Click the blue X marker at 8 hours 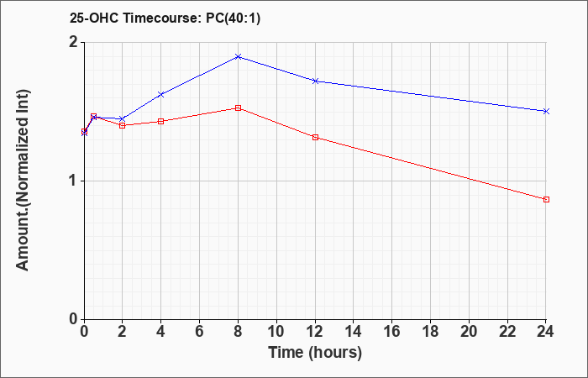click(238, 56)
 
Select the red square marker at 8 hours click(238, 108)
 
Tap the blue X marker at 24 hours click(546, 111)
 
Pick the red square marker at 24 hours click(546, 200)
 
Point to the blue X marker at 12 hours click(315, 81)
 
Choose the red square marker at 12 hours click(315, 137)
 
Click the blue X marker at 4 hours click(161, 94)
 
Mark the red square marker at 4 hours click(161, 121)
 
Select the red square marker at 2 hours click(123, 125)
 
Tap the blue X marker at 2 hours click(123, 119)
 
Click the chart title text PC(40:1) click(233, 18)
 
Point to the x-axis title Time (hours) click(315, 353)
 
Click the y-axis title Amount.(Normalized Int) click(23, 180)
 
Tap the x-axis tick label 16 click(392, 332)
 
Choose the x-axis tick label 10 click(276, 332)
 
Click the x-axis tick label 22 click(507, 332)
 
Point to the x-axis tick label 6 click(199, 332)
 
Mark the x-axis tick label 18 click(430, 332)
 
